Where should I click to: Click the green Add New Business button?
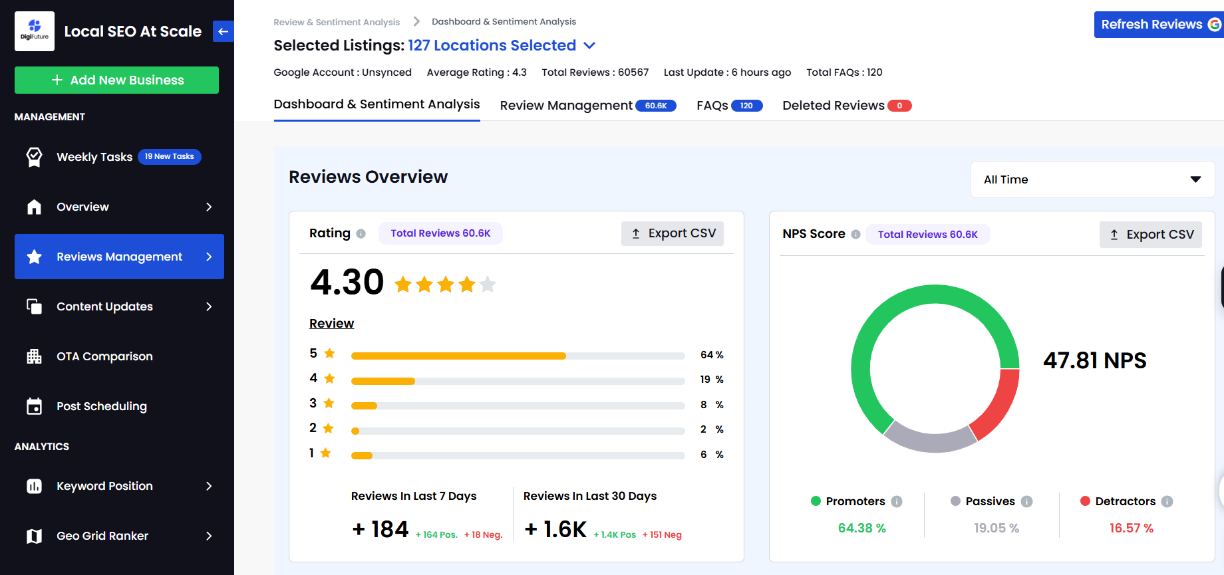point(116,80)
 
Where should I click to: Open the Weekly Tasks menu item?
point(94,157)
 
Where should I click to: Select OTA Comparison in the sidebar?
point(104,356)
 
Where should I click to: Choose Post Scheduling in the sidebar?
point(101,406)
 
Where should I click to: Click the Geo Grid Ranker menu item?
point(102,536)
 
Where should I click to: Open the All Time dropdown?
point(1092,179)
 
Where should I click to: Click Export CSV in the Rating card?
point(673,233)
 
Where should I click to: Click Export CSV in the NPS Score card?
point(1150,235)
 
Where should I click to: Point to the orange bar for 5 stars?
point(458,356)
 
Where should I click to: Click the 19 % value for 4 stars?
point(711,380)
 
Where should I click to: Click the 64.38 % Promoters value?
point(861,528)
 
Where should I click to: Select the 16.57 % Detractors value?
point(1131,528)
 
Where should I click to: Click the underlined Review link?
point(331,324)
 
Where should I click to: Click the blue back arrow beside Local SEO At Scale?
point(224,31)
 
